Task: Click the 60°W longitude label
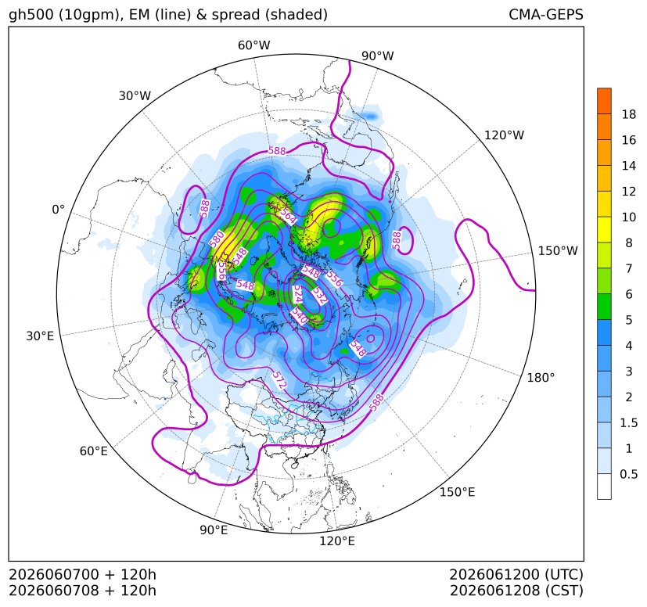pyautogui.click(x=253, y=45)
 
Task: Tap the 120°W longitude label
pyautogui.click(x=505, y=135)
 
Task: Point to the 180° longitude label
pyautogui.click(x=541, y=378)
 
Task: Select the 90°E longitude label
pyautogui.click(x=214, y=530)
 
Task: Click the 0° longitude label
pyautogui.click(x=58, y=210)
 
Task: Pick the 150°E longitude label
pyautogui.click(x=457, y=492)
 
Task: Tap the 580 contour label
pyautogui.click(x=216, y=239)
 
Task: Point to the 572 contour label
pyautogui.click(x=279, y=379)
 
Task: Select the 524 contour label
pyautogui.click(x=297, y=294)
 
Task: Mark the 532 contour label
pyautogui.click(x=319, y=296)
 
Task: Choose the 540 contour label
pyautogui.click(x=300, y=316)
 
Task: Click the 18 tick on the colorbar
pyautogui.click(x=629, y=114)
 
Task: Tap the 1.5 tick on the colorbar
pyautogui.click(x=629, y=422)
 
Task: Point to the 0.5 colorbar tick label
pyautogui.click(x=629, y=474)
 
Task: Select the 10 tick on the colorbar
pyautogui.click(x=629, y=217)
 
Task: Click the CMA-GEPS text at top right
pyautogui.click(x=546, y=14)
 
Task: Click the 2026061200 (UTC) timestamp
pyautogui.click(x=516, y=574)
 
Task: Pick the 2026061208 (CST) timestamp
pyautogui.click(x=516, y=591)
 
